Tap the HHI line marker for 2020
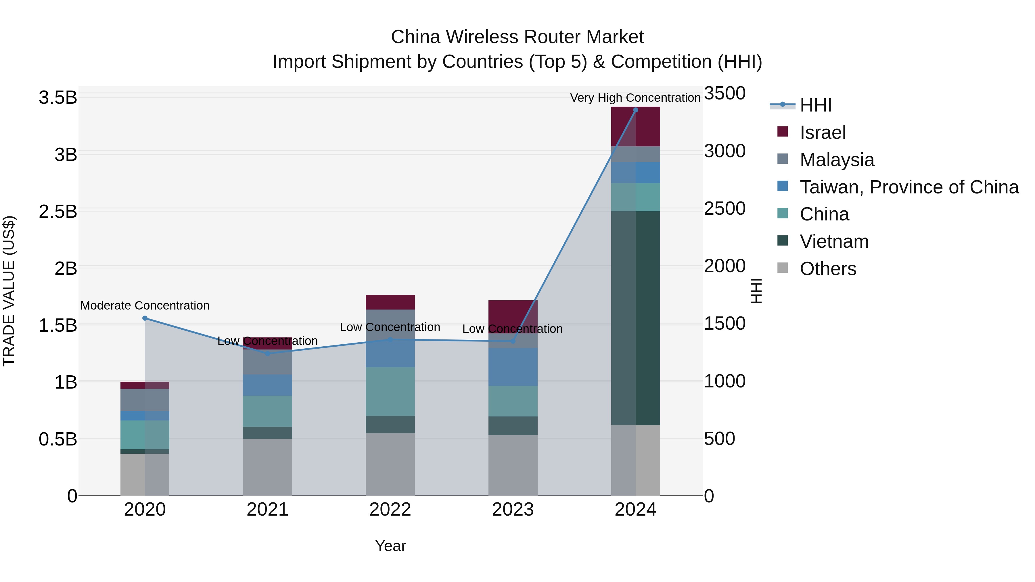tap(145, 318)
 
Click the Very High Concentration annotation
tap(635, 98)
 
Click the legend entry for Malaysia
tap(837, 160)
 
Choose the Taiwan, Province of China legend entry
tap(909, 187)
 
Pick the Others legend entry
tap(828, 268)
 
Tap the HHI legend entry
tap(815, 105)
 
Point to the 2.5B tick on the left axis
tap(57, 212)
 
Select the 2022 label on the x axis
tap(390, 509)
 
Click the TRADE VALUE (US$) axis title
tap(9, 291)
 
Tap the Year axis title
tap(390, 546)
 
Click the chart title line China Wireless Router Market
tap(517, 37)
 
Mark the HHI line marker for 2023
tap(513, 341)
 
